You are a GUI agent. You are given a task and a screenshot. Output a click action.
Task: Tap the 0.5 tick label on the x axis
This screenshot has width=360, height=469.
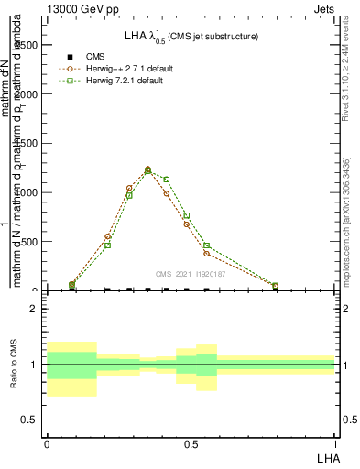coord(190,444)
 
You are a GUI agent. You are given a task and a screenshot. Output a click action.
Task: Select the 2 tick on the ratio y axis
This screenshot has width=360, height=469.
coord(36,310)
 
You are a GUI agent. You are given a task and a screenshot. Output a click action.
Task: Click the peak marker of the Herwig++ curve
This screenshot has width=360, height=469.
coord(147,169)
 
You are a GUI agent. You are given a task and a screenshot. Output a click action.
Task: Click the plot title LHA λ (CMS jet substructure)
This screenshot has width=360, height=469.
coord(191,37)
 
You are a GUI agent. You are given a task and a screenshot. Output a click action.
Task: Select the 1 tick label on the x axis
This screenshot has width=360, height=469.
coord(335,444)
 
